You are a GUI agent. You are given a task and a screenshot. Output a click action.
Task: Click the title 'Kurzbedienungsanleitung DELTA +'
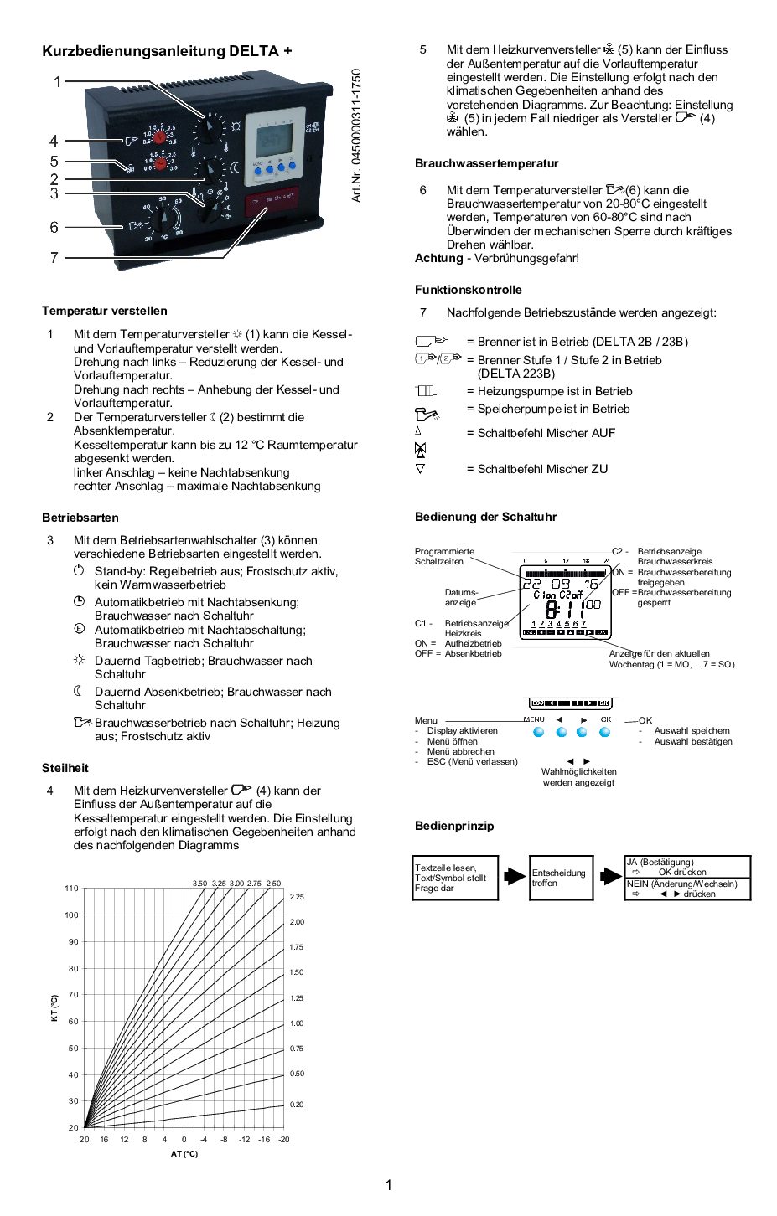(x=167, y=51)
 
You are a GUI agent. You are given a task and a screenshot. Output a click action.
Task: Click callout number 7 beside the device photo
(x=54, y=258)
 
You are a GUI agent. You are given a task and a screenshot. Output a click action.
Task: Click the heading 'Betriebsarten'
(x=80, y=518)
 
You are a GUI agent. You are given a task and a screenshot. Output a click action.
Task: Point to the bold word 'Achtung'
(x=438, y=258)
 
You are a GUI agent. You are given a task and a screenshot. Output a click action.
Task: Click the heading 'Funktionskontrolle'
(x=468, y=290)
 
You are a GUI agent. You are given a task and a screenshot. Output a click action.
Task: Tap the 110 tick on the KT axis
(x=72, y=889)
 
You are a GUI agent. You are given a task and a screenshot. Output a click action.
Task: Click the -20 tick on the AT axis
(x=284, y=1140)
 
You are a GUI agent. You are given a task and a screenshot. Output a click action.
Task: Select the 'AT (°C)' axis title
(x=184, y=1154)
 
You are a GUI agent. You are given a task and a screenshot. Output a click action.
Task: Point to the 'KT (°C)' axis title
(x=54, y=1007)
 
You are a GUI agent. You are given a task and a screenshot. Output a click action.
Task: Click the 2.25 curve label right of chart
(x=297, y=897)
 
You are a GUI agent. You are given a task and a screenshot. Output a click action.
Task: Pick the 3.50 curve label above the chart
(x=199, y=884)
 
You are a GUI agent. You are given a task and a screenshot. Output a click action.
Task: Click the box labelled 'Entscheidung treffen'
(x=561, y=878)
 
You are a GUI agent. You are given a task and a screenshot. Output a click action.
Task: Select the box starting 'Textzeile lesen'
(x=455, y=878)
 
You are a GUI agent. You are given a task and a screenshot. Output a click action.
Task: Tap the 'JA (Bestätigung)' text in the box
(x=660, y=862)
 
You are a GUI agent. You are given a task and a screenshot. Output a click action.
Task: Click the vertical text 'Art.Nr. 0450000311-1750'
(x=356, y=136)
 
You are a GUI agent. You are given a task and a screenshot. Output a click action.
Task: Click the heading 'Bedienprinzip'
(x=454, y=826)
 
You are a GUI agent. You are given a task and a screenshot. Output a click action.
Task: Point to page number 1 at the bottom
(x=388, y=1185)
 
